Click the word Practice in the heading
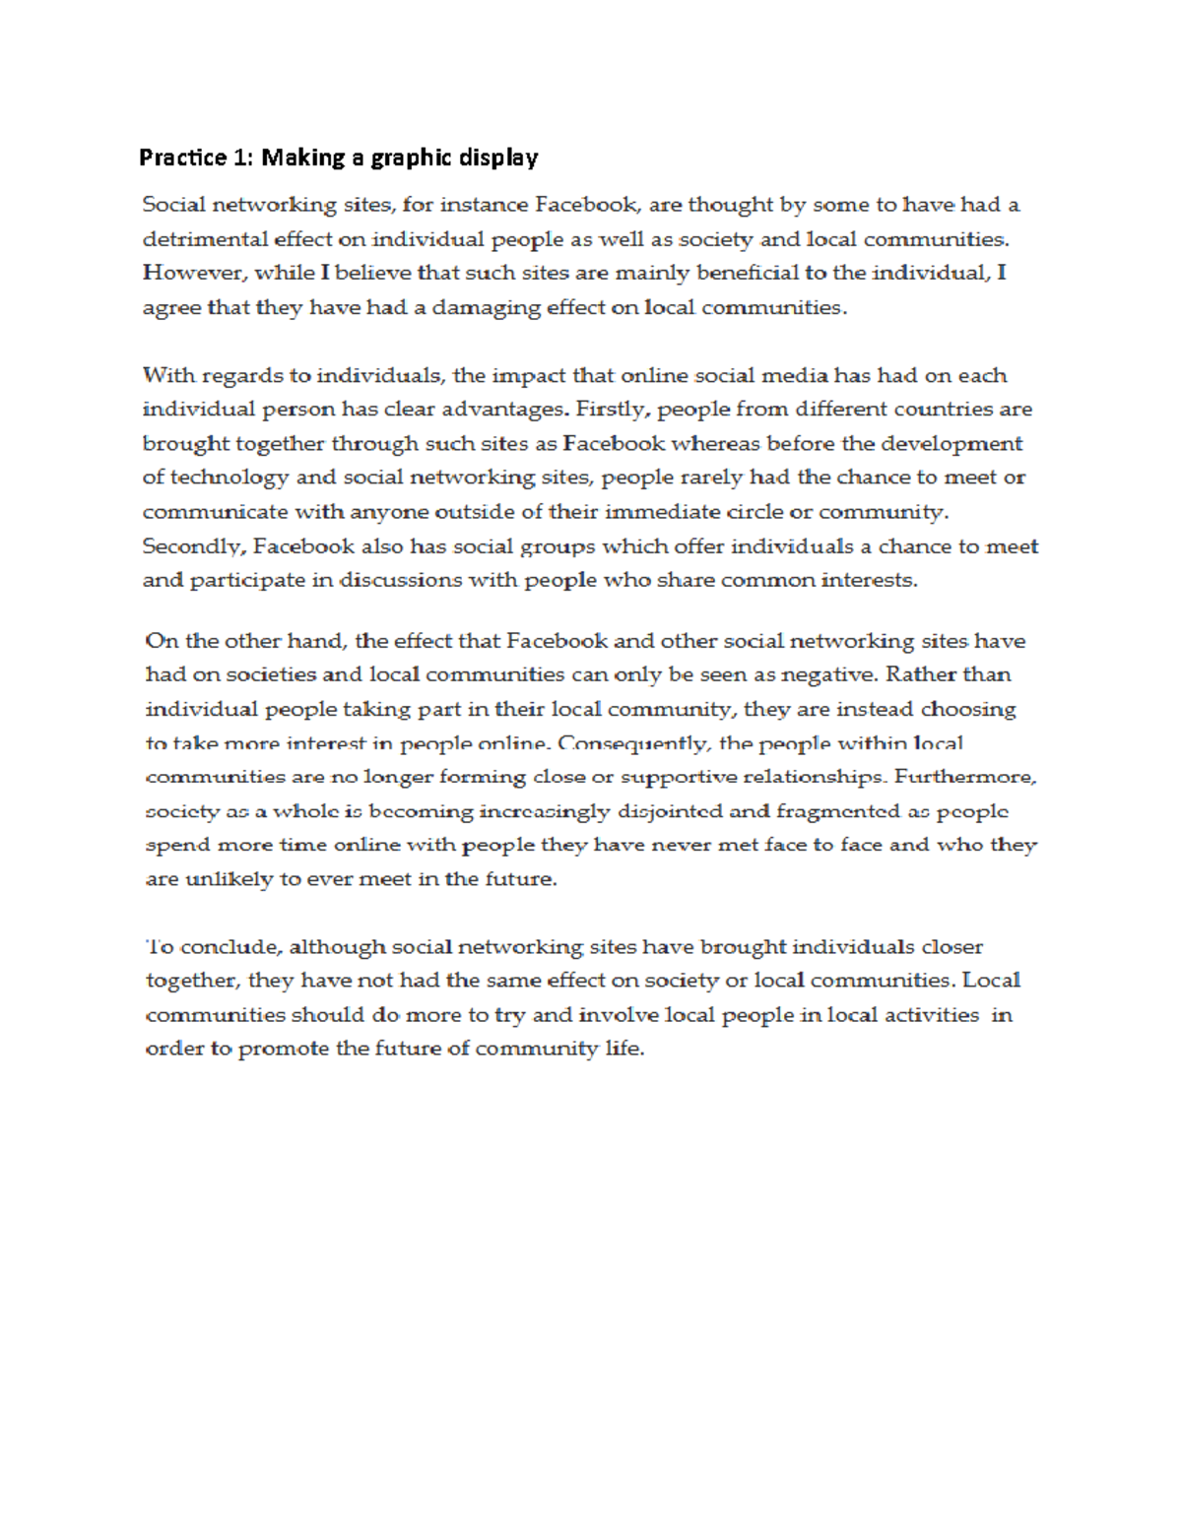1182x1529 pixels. pos(173,158)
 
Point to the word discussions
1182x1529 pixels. pos(400,580)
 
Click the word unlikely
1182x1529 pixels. pos(228,879)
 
